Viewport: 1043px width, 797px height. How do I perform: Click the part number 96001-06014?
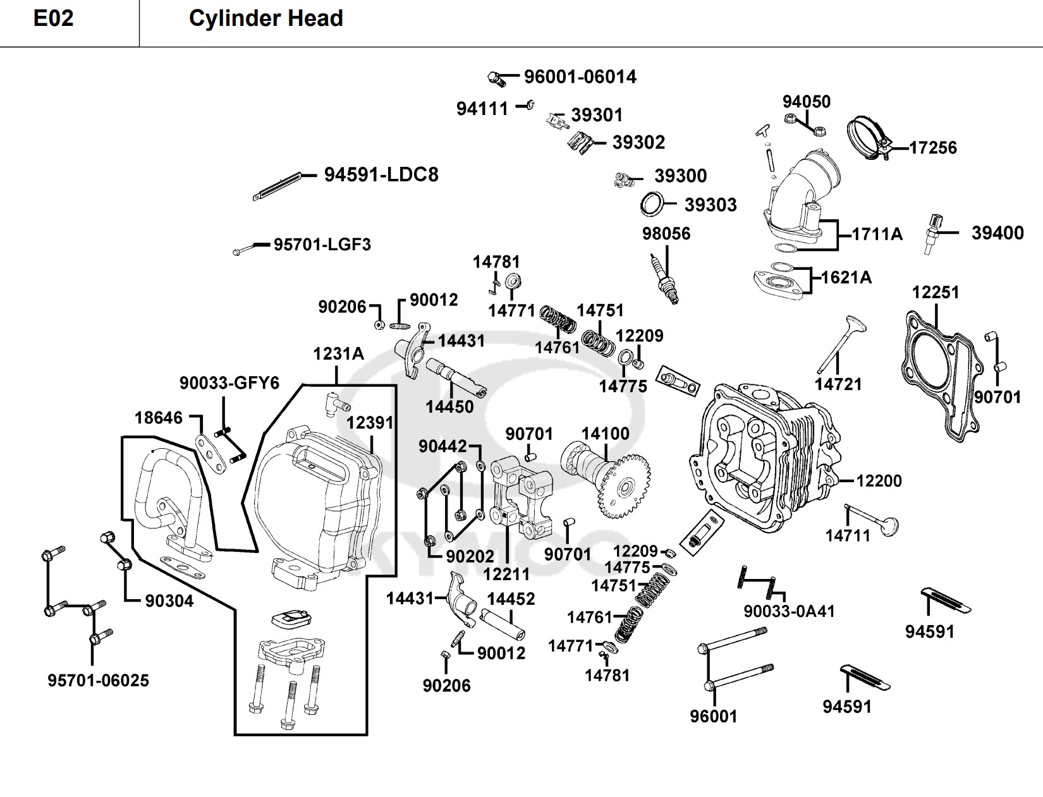580,77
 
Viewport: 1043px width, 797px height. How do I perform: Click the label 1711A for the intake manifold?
877,234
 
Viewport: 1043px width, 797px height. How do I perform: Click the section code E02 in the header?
53,18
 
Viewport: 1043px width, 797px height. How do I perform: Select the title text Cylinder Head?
265,18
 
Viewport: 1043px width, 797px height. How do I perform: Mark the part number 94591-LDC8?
381,175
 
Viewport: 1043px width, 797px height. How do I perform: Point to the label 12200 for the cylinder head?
879,481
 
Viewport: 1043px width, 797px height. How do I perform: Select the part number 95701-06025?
98,681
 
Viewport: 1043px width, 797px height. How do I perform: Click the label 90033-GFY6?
229,383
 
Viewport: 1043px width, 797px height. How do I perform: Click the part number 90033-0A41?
789,611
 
